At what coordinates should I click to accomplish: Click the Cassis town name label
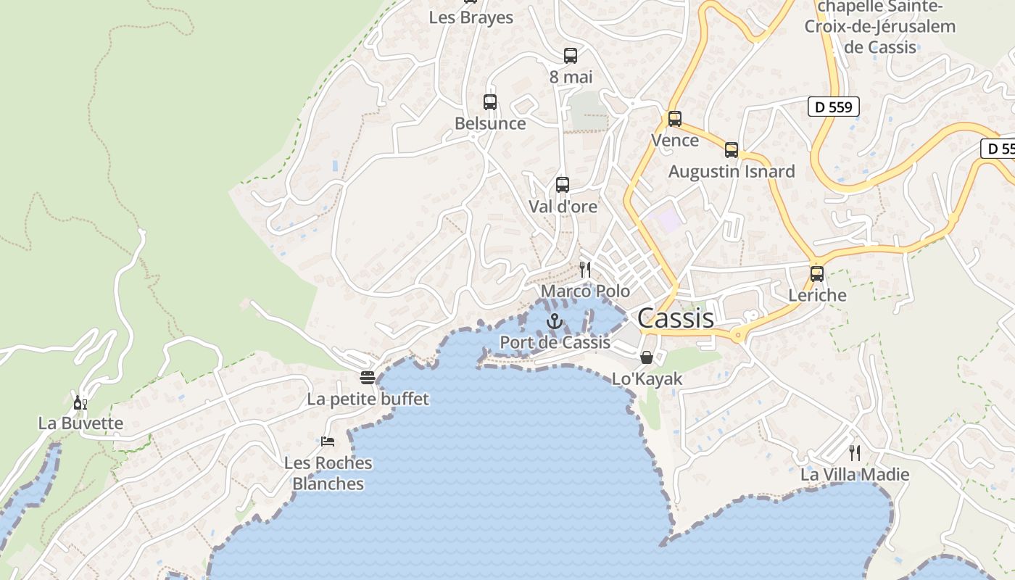point(676,318)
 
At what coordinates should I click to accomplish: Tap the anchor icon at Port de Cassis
point(555,321)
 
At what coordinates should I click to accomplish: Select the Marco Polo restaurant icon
point(585,270)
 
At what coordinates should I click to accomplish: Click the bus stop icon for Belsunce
point(490,102)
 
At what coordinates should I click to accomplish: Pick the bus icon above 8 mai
point(571,56)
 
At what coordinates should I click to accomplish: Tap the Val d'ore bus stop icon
point(563,185)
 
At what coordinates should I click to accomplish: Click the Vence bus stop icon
point(675,119)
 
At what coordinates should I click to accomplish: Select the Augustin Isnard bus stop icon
point(732,150)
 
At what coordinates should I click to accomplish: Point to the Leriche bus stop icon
point(817,274)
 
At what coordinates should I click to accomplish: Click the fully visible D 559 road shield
point(833,107)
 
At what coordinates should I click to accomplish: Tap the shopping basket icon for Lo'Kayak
point(647,357)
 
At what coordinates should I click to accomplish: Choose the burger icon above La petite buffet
point(368,378)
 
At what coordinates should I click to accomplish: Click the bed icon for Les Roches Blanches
point(328,441)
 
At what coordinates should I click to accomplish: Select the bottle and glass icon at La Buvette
point(80,402)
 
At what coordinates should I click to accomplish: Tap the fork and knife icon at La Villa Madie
point(855,453)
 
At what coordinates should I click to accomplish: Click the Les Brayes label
point(471,17)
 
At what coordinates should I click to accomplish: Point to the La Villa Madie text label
point(855,475)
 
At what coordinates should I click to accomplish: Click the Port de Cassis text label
point(555,342)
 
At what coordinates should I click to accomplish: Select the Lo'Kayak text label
point(647,378)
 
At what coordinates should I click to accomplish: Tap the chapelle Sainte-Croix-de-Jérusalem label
point(880,27)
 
